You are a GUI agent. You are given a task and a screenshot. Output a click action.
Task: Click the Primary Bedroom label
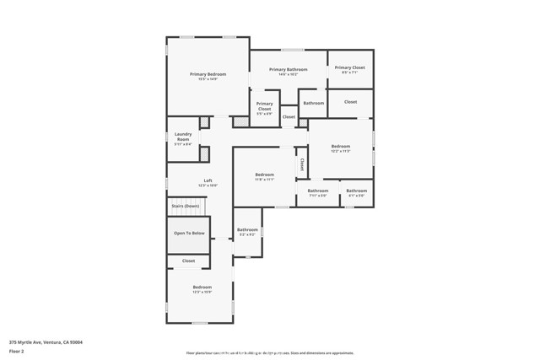tap(208, 74)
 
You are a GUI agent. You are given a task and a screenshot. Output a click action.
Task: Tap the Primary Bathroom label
tap(288, 69)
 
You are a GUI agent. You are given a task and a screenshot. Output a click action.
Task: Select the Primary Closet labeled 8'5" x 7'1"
tap(349, 67)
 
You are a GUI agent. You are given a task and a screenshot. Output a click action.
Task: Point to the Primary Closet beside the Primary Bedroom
tap(264, 105)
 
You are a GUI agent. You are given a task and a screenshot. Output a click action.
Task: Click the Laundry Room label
tap(183, 136)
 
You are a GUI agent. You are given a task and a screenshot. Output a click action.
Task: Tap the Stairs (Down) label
tap(185, 206)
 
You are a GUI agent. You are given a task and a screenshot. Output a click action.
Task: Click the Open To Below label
tap(189, 233)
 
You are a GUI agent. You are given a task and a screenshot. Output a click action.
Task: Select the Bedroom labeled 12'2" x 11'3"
tap(340, 146)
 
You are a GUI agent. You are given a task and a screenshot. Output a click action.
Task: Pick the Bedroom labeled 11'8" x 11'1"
tap(265, 175)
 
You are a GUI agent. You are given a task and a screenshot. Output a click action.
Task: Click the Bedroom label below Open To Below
tap(202, 287)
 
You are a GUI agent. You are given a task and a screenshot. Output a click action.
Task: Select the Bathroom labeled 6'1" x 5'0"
tap(356, 191)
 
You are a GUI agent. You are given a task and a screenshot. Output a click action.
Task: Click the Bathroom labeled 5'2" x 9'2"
tap(247, 229)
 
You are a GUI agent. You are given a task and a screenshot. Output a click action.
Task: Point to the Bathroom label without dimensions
tap(313, 103)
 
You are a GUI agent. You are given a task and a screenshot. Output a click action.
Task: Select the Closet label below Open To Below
tap(188, 261)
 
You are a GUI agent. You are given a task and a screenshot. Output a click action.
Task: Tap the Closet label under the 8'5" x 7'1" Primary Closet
tap(349, 102)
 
